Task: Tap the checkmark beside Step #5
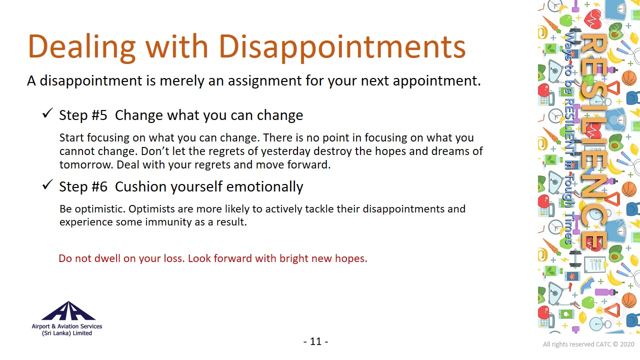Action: [47, 113]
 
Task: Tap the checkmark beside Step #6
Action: [47, 184]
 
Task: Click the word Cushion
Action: [140, 187]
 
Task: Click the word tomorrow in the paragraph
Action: [86, 165]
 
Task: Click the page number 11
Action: [315, 341]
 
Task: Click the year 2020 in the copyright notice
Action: [627, 344]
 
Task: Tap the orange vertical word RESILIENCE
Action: [593, 141]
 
